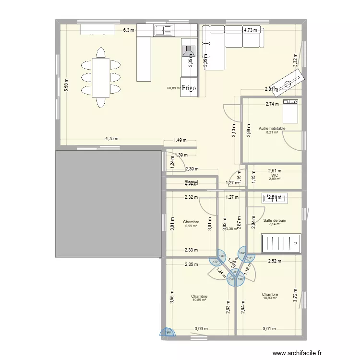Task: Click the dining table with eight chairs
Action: [101, 77]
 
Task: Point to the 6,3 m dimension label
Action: [129, 30]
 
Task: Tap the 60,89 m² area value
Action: [173, 88]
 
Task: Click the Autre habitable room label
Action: [272, 129]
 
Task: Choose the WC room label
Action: [275, 175]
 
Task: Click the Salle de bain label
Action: [275, 220]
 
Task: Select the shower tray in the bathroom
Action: [281, 243]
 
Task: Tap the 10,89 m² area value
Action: [199, 300]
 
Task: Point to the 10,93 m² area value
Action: [270, 298]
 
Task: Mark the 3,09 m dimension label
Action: [201, 329]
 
